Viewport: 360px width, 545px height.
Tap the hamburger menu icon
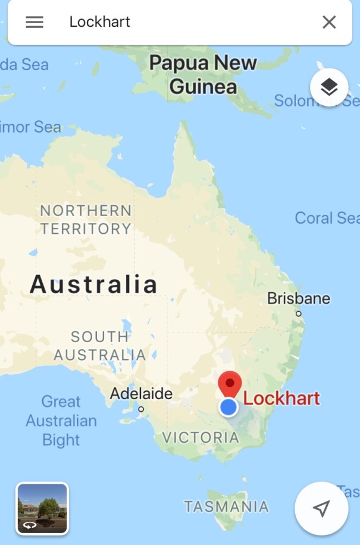35,22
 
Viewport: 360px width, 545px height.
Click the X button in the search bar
329,22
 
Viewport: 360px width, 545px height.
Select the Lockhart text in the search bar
99,22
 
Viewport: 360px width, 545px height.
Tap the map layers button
328,87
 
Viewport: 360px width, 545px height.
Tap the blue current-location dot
228,408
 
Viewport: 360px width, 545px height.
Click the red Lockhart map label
281,398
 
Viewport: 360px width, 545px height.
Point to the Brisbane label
298,298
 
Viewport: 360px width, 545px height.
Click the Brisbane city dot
299,314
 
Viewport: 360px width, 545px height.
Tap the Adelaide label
141,393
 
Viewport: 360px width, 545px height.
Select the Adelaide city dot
141,409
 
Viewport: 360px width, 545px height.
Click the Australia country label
93,284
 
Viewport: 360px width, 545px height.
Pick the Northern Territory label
86,219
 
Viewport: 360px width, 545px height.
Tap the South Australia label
99,346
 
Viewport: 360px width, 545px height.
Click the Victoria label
201,437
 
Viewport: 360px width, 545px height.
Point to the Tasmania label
226,507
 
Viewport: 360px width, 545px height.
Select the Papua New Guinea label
203,74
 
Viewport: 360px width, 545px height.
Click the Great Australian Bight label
61,421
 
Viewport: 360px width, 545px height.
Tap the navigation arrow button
321,508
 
